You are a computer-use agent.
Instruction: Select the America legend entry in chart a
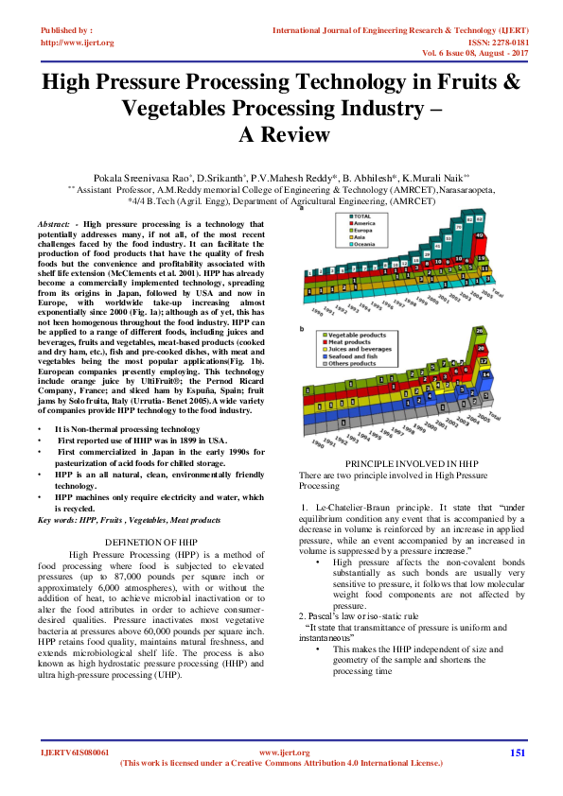pos(364,223)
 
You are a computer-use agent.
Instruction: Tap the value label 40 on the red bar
pos(480,236)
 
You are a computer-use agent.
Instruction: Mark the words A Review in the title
pos(281,133)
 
